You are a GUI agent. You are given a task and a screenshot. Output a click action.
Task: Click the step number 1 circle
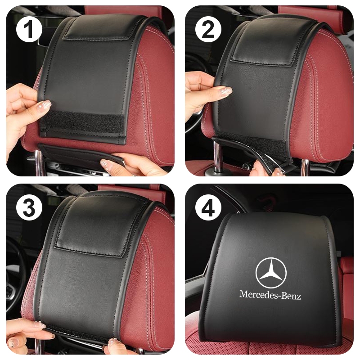click(29, 29)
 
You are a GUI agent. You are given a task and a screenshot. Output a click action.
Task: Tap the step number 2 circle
click(208, 29)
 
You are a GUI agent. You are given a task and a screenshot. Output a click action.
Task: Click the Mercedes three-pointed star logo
click(271, 272)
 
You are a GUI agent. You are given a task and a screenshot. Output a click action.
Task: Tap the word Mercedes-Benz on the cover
click(270, 295)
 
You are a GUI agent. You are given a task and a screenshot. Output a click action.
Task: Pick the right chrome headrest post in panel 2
click(306, 166)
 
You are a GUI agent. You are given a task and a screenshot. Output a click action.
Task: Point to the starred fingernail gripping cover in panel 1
click(44, 105)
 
